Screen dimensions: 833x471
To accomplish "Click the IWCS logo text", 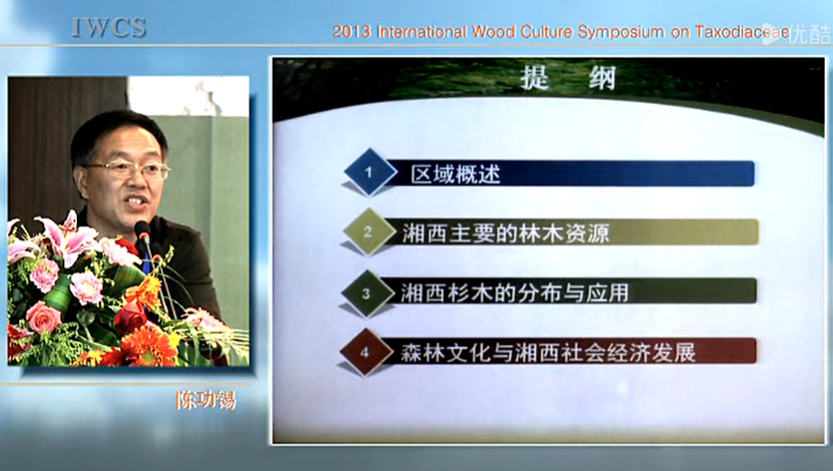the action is (108, 28).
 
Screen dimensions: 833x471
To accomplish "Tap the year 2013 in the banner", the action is (352, 32).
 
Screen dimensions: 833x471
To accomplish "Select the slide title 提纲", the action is (568, 79).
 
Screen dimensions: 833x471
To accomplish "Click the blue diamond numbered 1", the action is (369, 172).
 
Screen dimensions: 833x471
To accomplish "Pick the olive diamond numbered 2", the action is (368, 232).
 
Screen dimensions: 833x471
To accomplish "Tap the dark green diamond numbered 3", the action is (367, 292).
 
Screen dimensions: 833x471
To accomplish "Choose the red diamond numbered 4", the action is (365, 352).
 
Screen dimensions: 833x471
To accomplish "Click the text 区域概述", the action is (455, 174).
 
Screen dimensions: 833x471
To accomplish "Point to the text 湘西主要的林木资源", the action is (505, 233).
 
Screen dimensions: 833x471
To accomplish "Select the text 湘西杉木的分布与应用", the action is (515, 292).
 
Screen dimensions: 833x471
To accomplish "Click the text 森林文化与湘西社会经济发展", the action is (548, 352).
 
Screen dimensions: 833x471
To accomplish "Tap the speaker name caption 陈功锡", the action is (205, 400).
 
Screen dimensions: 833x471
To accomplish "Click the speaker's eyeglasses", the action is (129, 170).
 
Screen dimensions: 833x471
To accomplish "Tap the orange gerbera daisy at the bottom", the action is (148, 345).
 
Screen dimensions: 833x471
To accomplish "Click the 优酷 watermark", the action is (796, 34).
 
